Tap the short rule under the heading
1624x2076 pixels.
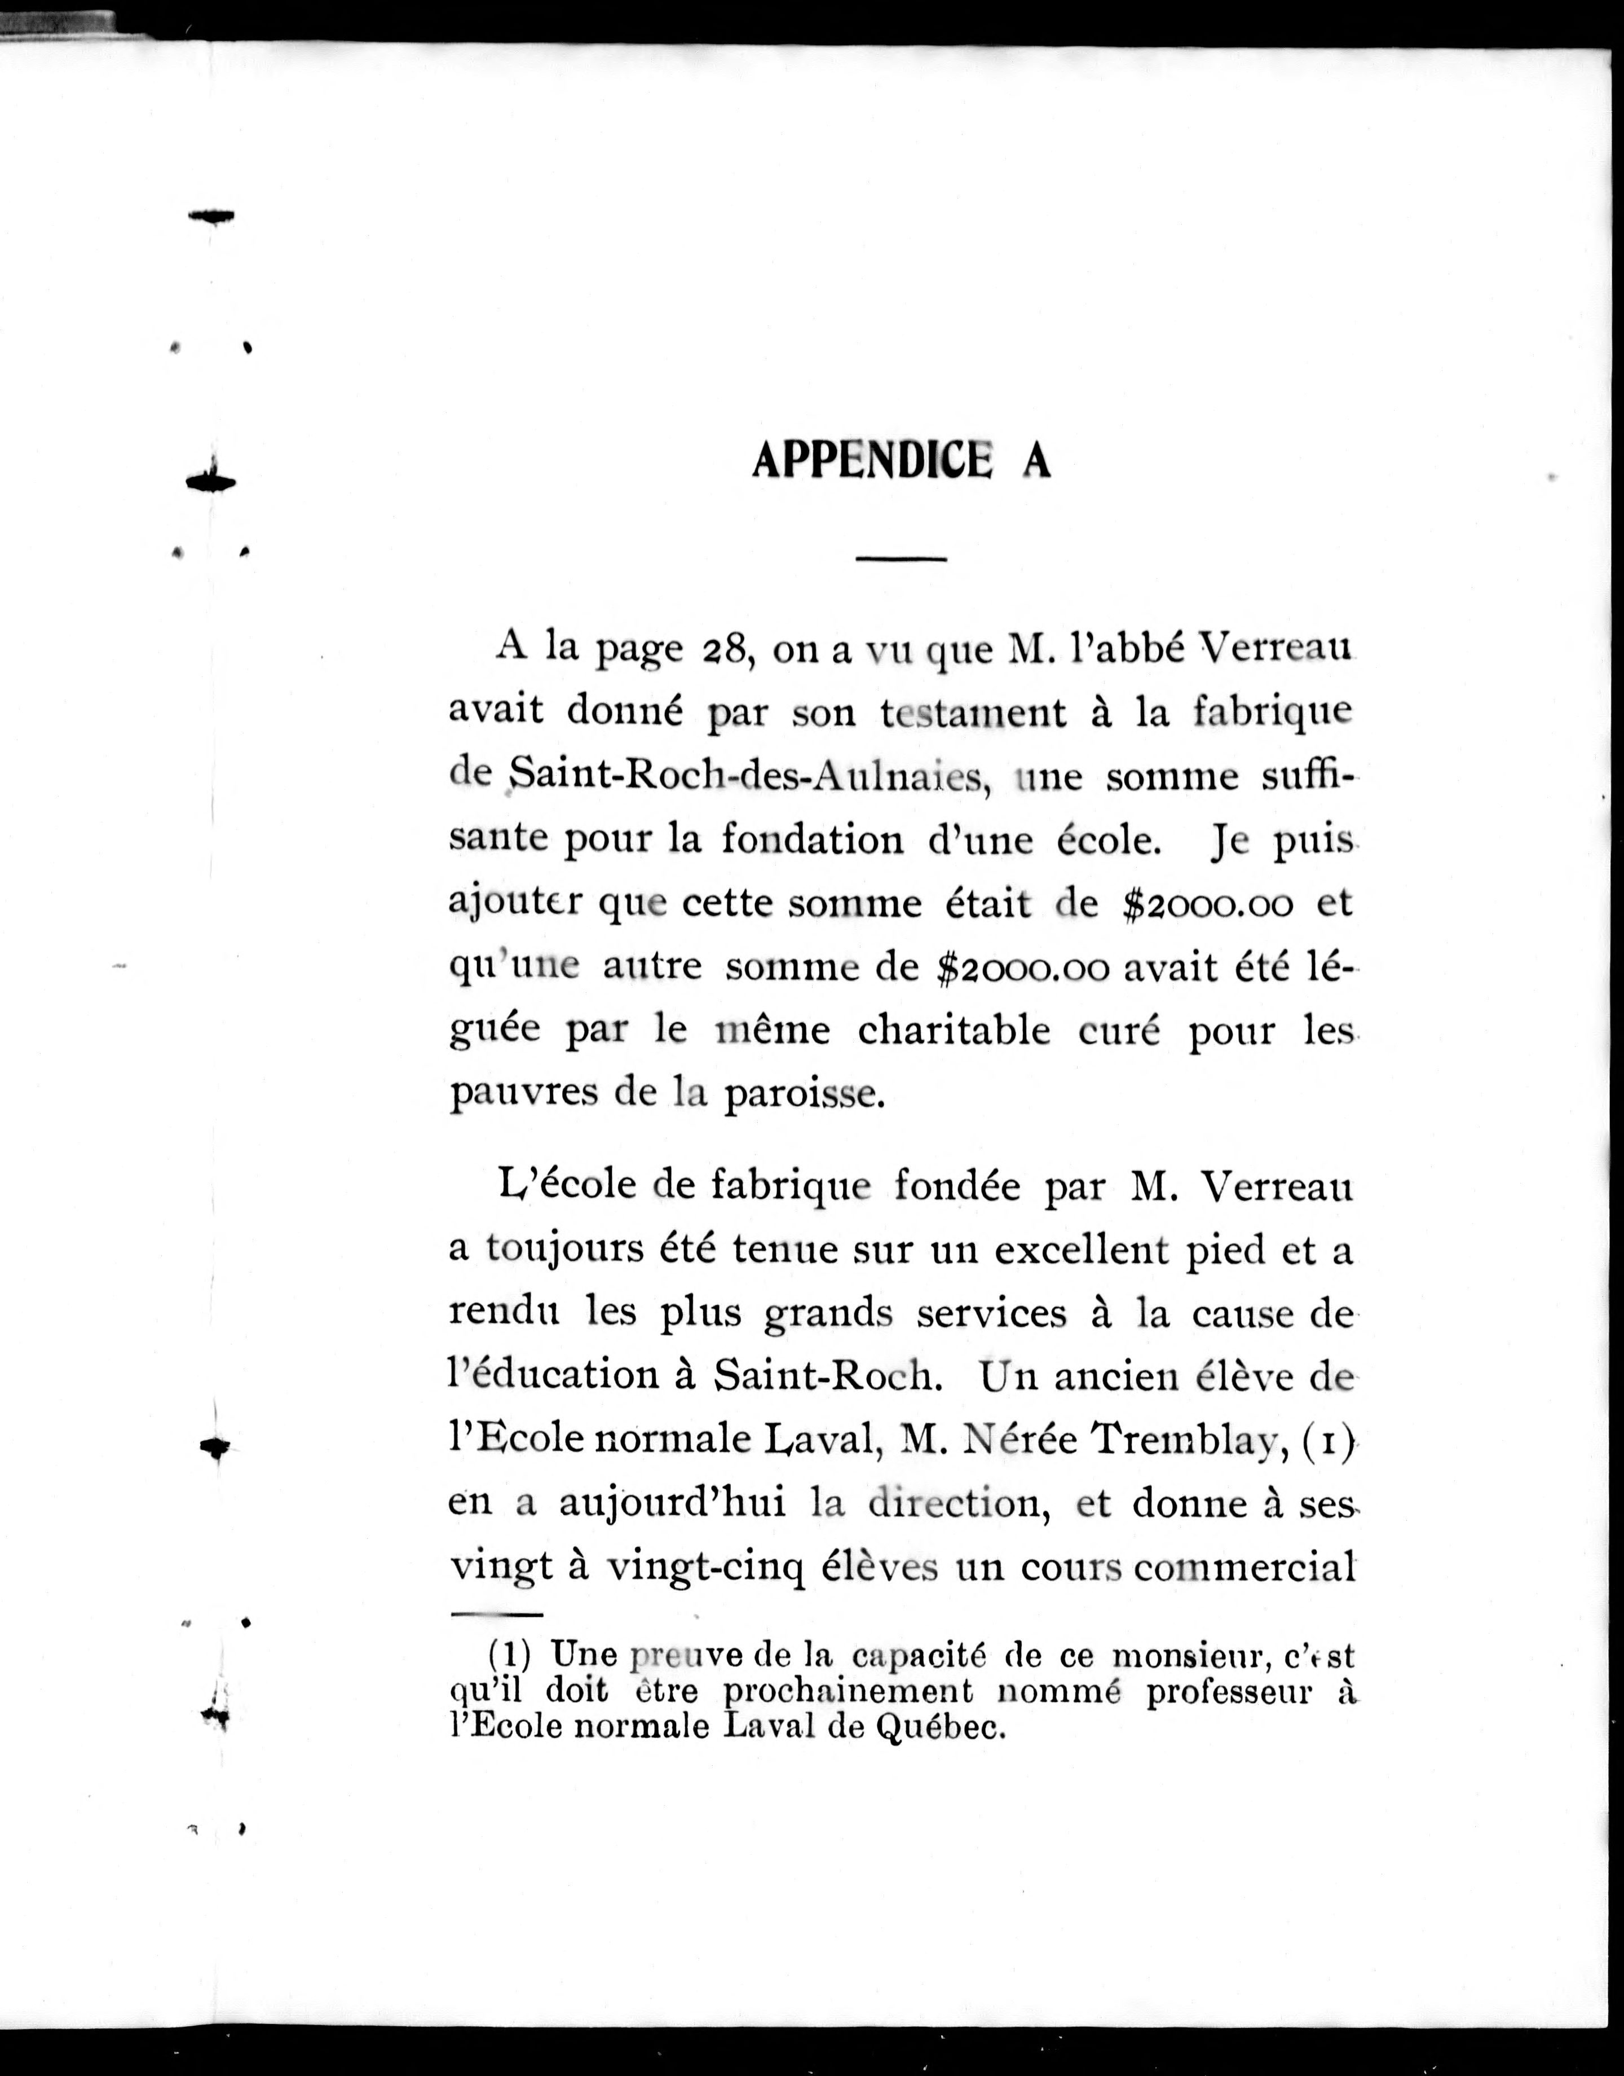tap(901, 558)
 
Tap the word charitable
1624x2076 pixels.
tap(954, 1030)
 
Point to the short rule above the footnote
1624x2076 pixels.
tap(496, 1614)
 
